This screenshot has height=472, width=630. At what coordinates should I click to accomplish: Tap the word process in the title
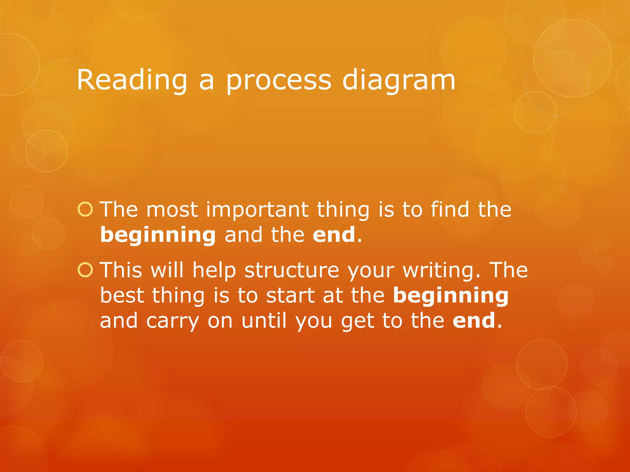279,81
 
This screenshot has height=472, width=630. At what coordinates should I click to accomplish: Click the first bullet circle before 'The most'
85,210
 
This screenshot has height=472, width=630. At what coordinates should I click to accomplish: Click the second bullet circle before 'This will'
85,270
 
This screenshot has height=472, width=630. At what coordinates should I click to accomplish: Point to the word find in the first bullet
450,210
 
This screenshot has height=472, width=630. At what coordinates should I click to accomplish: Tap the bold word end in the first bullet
334,235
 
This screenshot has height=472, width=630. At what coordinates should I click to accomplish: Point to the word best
122,296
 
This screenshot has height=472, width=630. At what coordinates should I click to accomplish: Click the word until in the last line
264,321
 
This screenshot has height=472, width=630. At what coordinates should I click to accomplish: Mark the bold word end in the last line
474,321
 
